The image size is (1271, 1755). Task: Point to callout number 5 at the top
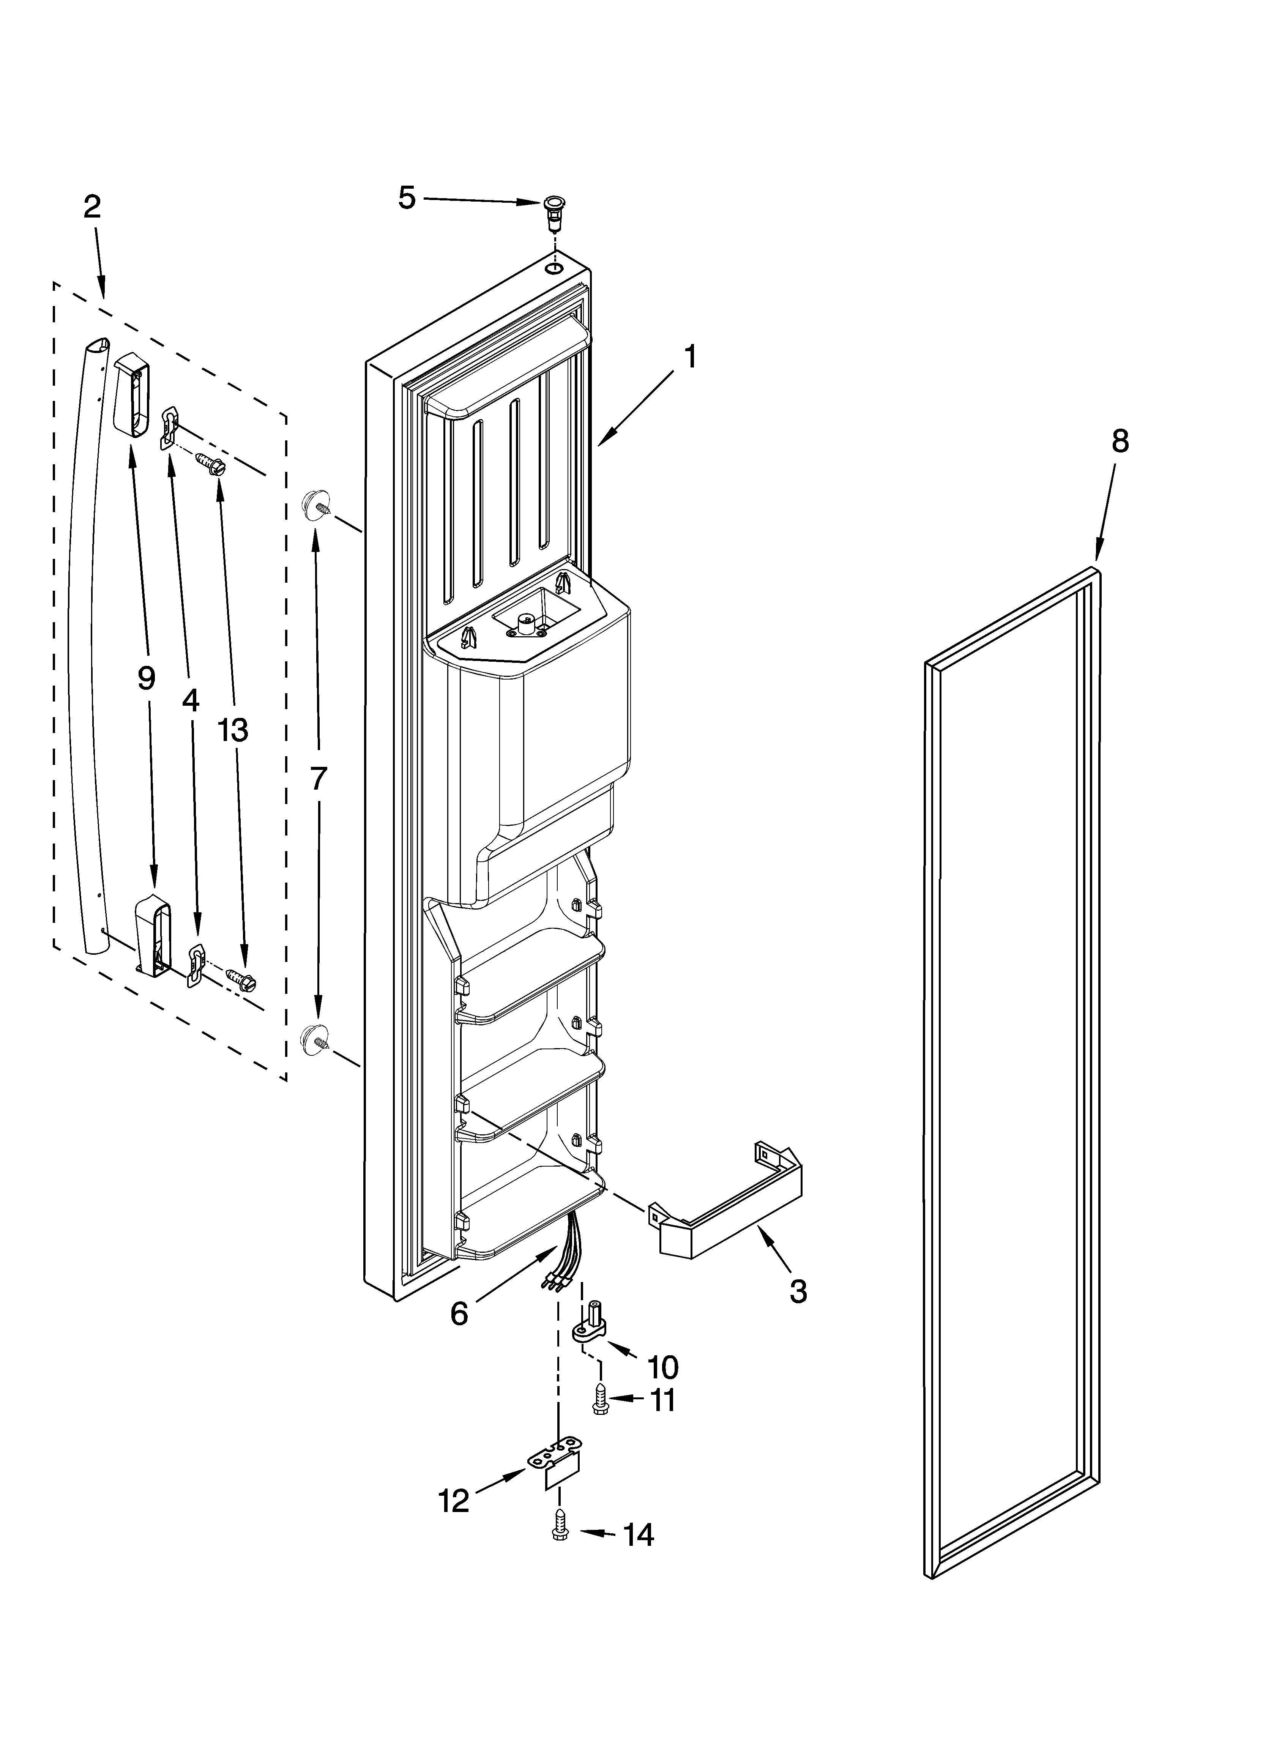[406, 198]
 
